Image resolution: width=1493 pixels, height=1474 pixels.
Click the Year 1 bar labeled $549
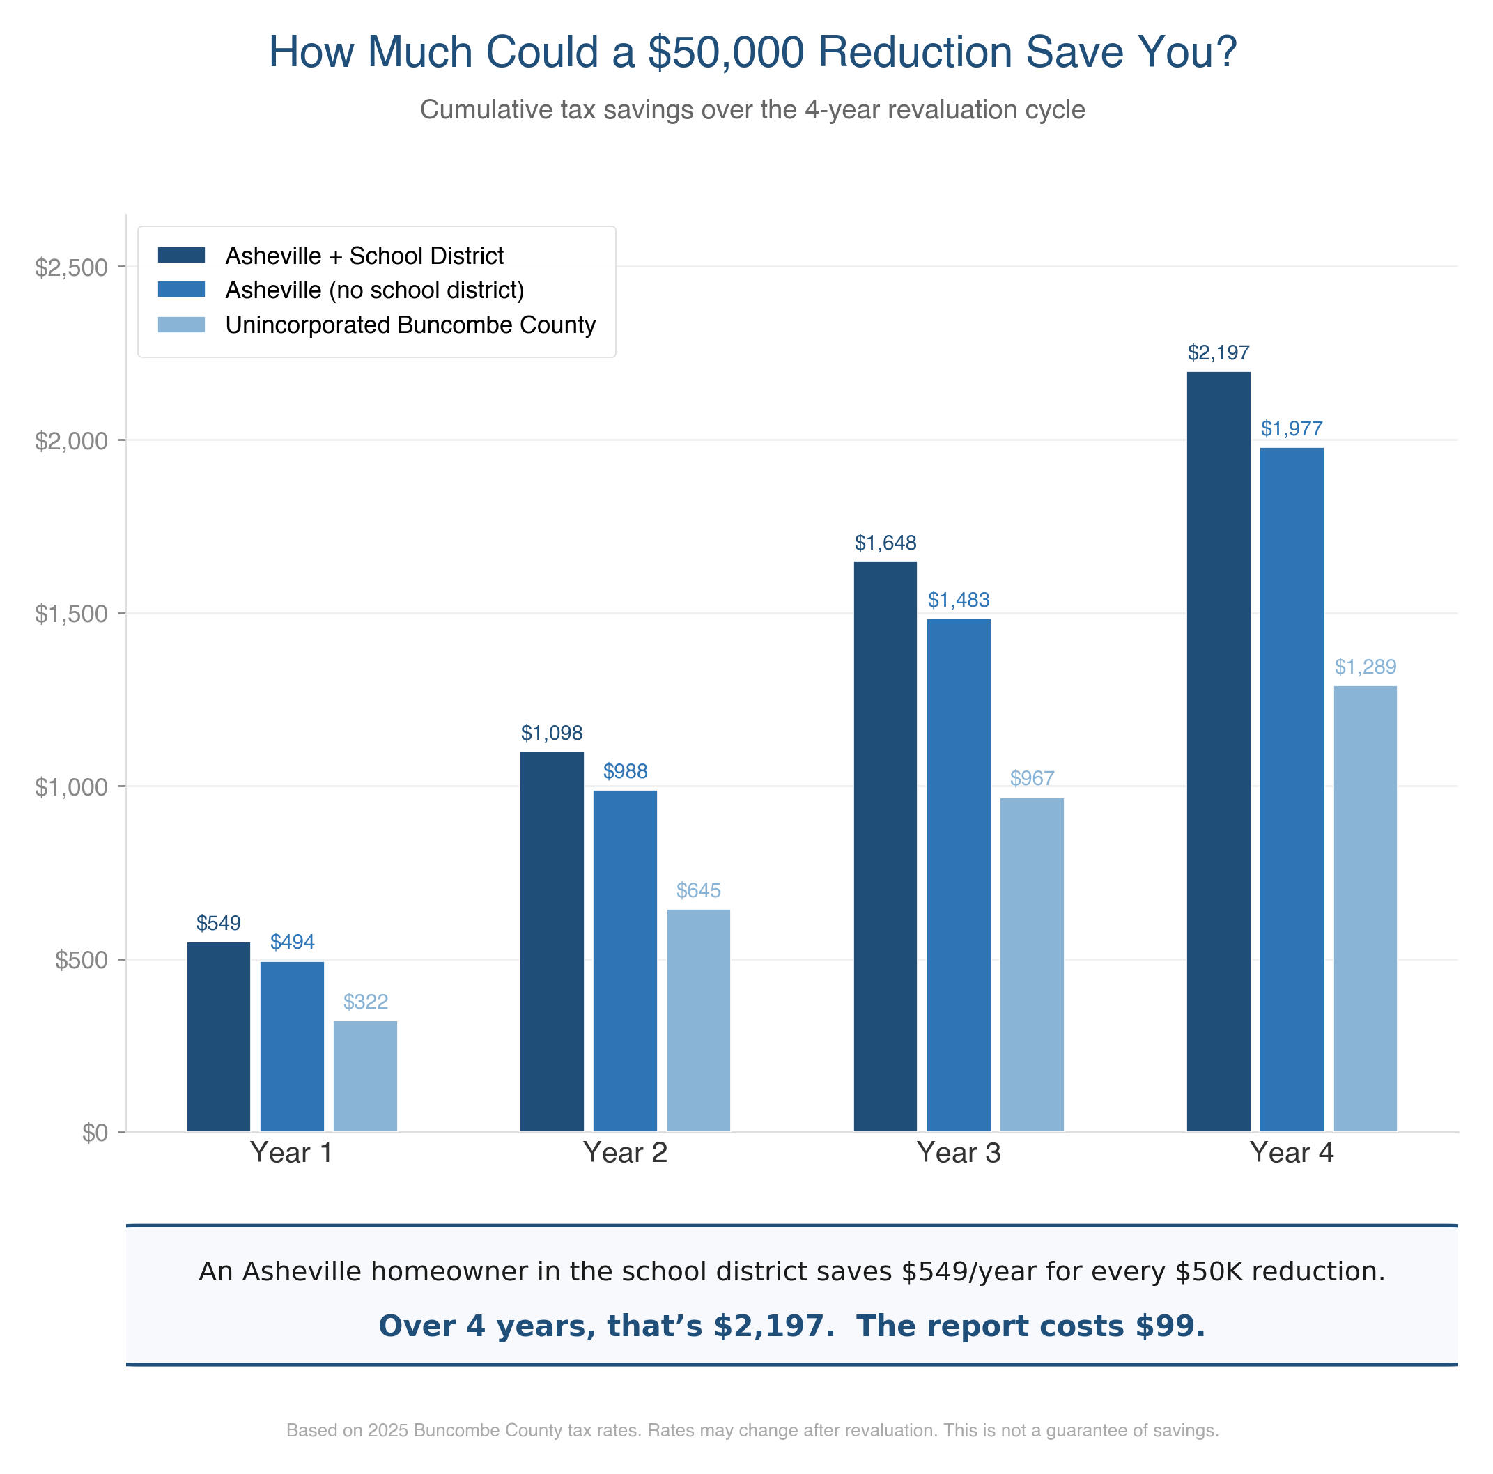[219, 1037]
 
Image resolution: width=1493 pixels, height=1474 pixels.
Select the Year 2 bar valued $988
[624, 961]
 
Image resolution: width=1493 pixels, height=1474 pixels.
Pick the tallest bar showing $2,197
[1218, 751]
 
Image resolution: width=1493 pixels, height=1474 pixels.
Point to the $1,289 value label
[1365, 667]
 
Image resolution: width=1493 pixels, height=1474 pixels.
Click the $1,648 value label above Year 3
[885, 543]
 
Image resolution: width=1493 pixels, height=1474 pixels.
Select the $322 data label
[366, 1002]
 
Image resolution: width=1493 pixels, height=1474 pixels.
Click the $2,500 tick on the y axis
[71, 268]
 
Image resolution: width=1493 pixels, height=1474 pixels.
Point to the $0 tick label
[94, 1133]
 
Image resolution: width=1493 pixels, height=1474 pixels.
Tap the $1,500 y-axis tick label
[71, 614]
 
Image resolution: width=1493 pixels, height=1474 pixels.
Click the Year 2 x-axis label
[624, 1153]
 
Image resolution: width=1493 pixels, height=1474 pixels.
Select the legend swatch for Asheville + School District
[181, 255]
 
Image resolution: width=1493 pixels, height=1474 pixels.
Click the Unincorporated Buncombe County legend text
[410, 325]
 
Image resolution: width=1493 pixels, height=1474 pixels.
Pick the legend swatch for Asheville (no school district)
[181, 290]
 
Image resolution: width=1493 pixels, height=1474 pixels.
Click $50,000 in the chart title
[726, 52]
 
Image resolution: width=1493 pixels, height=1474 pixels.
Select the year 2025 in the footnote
[388, 1430]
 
